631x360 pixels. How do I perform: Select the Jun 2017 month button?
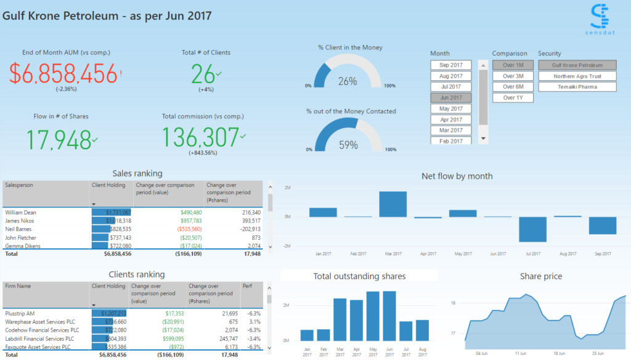pos(451,97)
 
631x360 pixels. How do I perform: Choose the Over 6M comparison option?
pos(513,87)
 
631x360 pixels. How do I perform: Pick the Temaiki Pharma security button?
pos(577,87)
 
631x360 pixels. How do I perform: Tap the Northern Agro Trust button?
pos(577,76)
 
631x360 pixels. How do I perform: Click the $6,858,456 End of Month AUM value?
pos(63,74)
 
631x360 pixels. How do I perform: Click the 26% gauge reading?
pos(348,81)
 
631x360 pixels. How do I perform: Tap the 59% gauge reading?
pos(348,145)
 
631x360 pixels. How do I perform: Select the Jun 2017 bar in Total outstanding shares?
pos(389,316)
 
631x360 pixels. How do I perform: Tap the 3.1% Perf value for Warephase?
pos(253,322)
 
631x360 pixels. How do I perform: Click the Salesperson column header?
pos(20,185)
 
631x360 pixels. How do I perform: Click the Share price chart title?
pos(540,276)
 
